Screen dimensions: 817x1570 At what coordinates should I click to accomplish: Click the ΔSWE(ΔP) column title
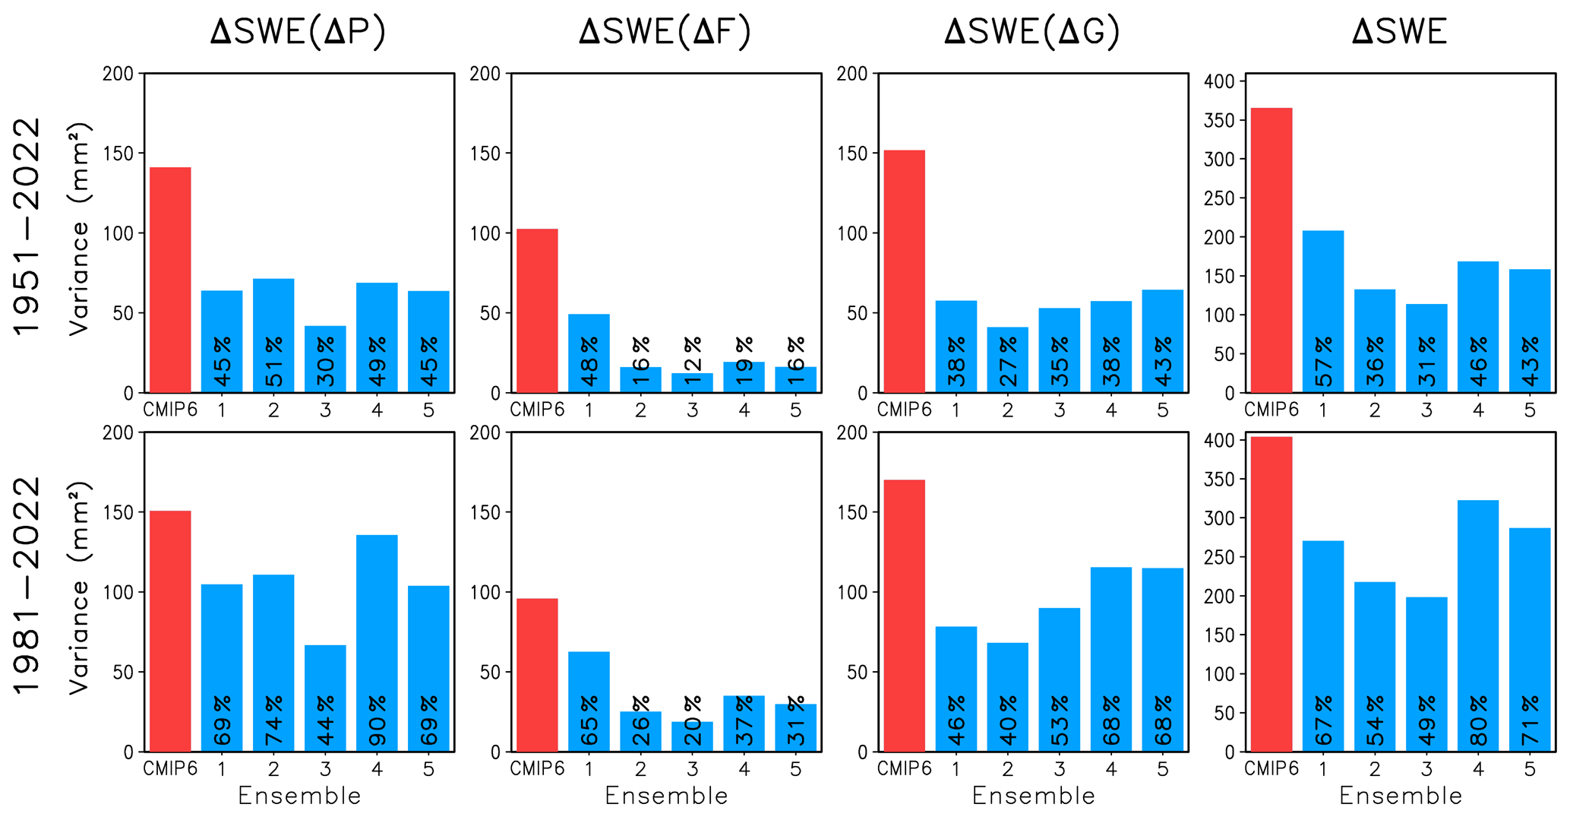point(299,32)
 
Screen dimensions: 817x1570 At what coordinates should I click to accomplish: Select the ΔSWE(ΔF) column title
point(665,32)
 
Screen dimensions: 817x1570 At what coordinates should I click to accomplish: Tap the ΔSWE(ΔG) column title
point(1032,32)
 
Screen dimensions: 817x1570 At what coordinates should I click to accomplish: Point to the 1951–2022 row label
point(27,226)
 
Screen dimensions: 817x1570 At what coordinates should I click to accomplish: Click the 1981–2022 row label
point(27,585)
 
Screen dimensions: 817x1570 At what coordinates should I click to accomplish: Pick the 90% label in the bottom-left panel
point(377,720)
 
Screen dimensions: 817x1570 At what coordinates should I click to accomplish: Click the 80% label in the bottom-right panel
point(1478,720)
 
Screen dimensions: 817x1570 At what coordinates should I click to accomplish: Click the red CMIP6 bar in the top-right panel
point(1271,251)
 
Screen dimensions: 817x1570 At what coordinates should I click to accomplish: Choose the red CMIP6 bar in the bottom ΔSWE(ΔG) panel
point(904,616)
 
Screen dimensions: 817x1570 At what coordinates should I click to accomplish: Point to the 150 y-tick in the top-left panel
point(117,154)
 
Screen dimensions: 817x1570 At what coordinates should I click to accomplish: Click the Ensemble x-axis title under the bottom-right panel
point(1400,796)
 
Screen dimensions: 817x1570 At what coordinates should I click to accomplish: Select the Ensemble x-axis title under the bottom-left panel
point(299,796)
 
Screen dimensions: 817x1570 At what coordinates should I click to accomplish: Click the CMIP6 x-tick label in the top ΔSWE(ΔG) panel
point(904,410)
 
